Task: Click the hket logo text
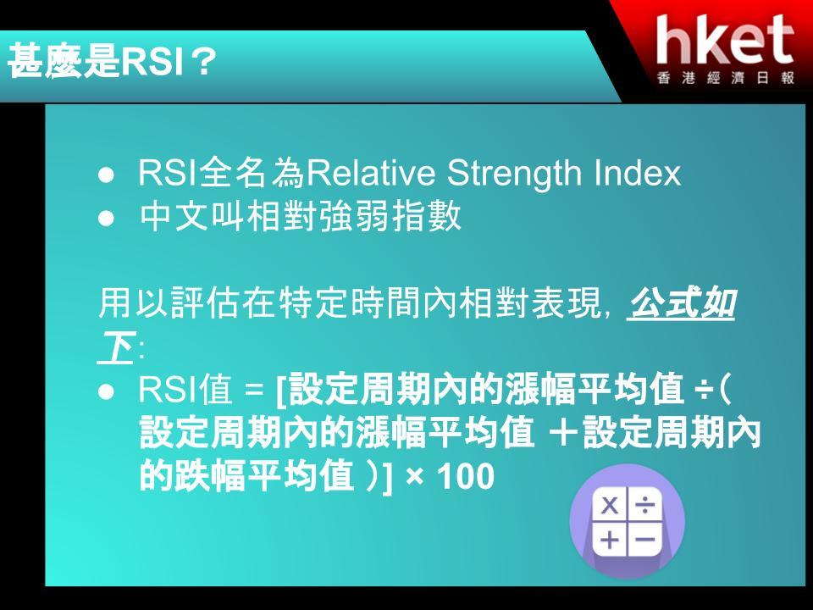726,40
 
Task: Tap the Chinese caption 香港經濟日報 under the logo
726,78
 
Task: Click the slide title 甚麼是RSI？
112,61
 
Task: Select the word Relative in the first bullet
371,172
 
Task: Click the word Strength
515,173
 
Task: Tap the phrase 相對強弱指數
354,216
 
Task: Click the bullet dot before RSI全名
106,175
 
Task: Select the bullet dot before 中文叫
106,218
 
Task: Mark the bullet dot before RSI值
106,391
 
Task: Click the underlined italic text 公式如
681,303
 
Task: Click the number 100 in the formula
466,476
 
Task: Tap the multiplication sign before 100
415,477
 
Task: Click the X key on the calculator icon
610,505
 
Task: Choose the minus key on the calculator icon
645,540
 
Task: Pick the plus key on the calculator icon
610,540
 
